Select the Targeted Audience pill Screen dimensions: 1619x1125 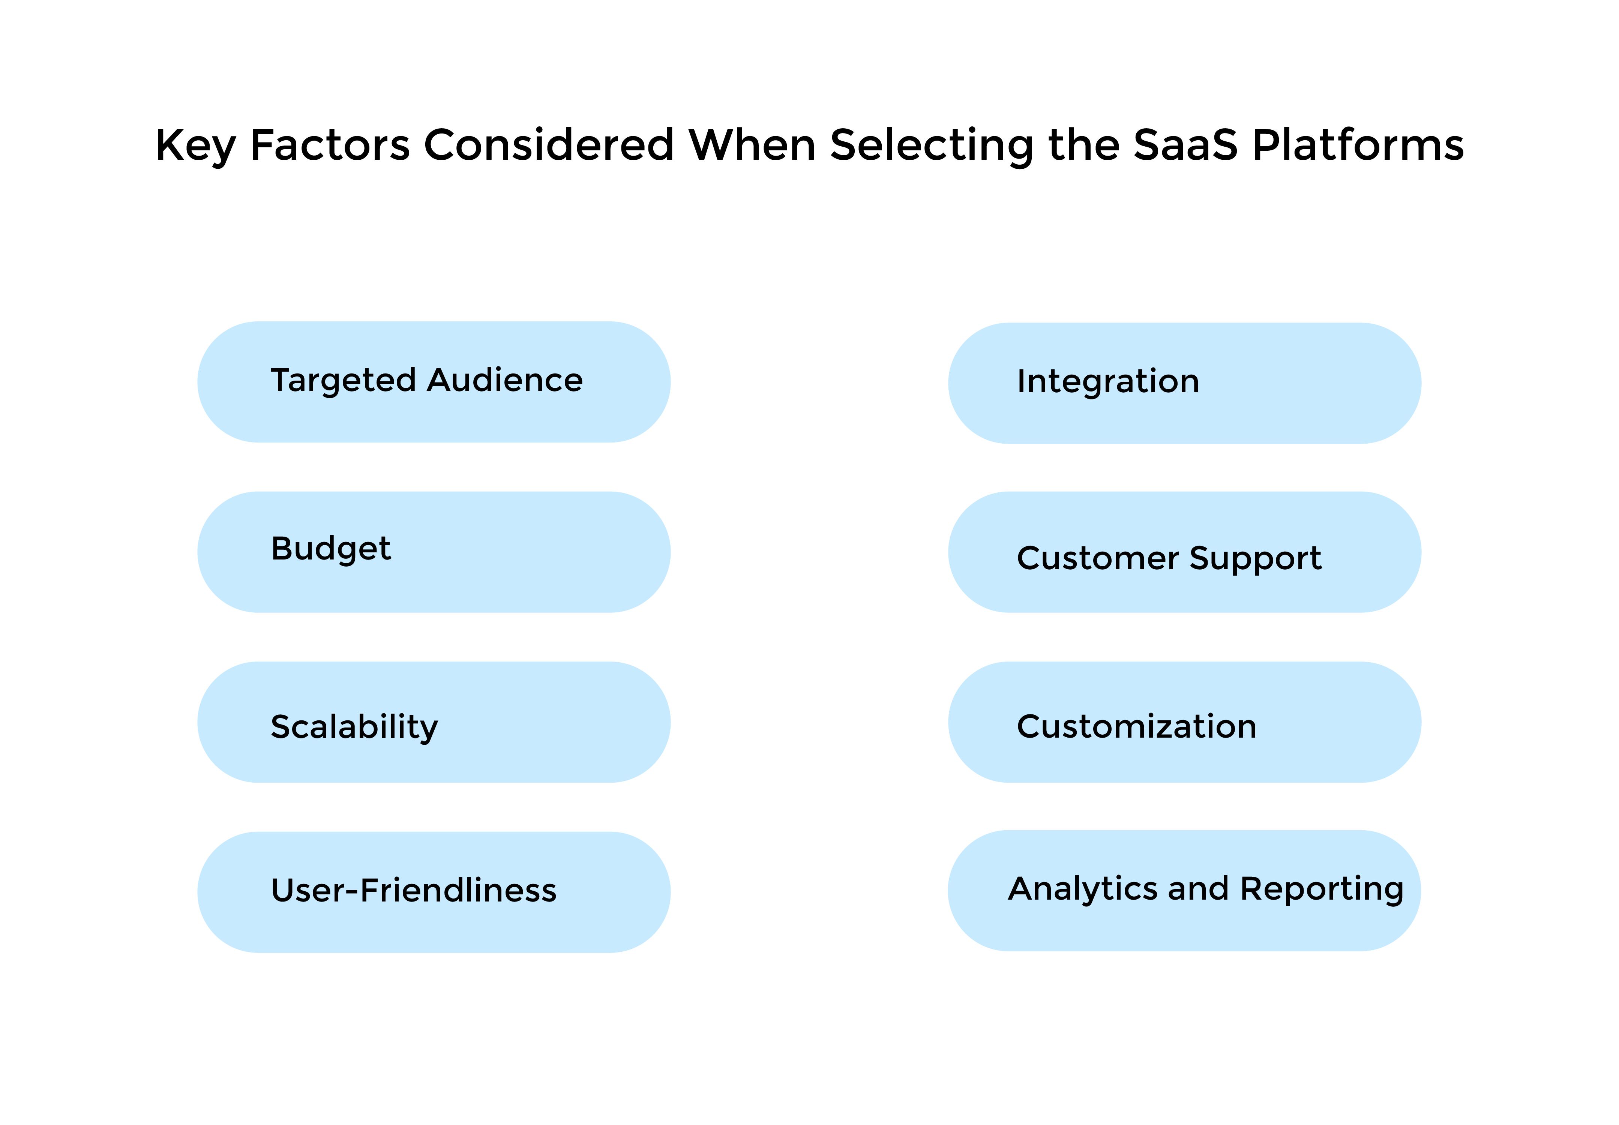point(434,382)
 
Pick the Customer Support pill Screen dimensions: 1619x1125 point(1184,552)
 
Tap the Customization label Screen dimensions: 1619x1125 point(1136,726)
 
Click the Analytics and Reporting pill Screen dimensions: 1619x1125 point(1184,890)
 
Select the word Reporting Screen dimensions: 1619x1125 point(1322,889)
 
